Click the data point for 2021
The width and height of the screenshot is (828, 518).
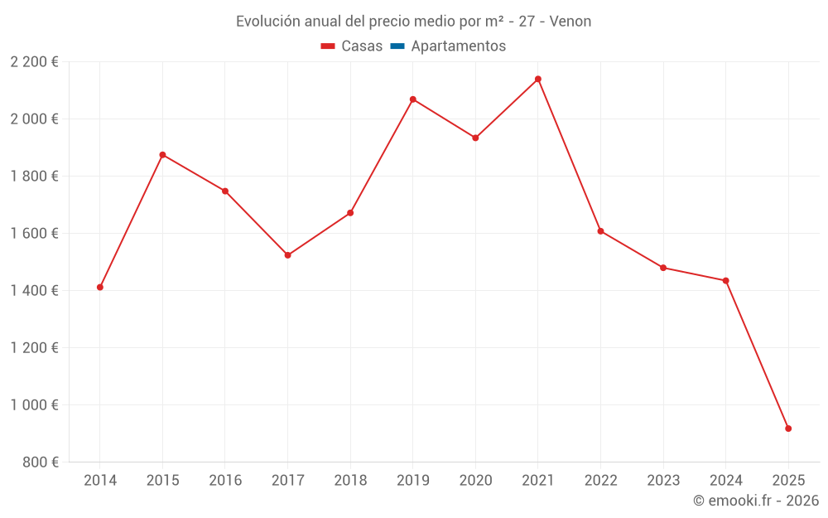(538, 80)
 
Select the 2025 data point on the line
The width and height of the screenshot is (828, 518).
(788, 428)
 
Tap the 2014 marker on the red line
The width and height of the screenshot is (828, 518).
(100, 288)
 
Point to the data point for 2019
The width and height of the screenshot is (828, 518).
(413, 99)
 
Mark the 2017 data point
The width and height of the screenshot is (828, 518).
(287, 255)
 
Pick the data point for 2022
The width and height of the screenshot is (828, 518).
(600, 231)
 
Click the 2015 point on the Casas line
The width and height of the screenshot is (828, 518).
(162, 155)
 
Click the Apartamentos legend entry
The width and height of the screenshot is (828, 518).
(458, 46)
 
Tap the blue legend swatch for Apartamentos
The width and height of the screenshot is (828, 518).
(397, 46)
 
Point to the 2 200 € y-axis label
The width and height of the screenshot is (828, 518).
(34, 62)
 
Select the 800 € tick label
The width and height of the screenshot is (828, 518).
(40, 462)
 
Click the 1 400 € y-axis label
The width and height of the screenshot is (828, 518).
(34, 291)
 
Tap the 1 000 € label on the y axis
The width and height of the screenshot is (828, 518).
(34, 405)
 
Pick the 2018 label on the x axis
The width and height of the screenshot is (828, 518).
(350, 481)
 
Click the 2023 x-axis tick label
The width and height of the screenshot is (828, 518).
(663, 481)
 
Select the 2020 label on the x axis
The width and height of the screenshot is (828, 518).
(475, 481)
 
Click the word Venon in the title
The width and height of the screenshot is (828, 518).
(570, 22)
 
